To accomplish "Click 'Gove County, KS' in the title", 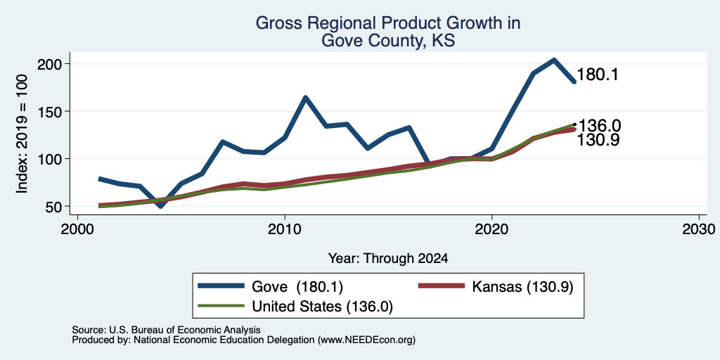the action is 388,40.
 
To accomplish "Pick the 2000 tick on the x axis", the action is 77,229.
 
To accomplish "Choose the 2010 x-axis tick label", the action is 285,229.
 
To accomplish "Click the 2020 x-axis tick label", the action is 491,229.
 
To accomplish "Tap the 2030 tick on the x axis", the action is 699,229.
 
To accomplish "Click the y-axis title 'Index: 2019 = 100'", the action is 22,134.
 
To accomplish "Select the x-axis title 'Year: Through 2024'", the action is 388,259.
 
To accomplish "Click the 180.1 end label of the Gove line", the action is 596,75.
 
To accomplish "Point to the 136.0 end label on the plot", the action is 599,125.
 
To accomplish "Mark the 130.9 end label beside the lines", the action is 598,140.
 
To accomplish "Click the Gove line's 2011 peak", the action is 305,97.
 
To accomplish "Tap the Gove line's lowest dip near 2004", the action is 160,206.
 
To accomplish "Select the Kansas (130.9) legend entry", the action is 496,286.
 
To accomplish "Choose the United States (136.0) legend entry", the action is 295,307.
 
